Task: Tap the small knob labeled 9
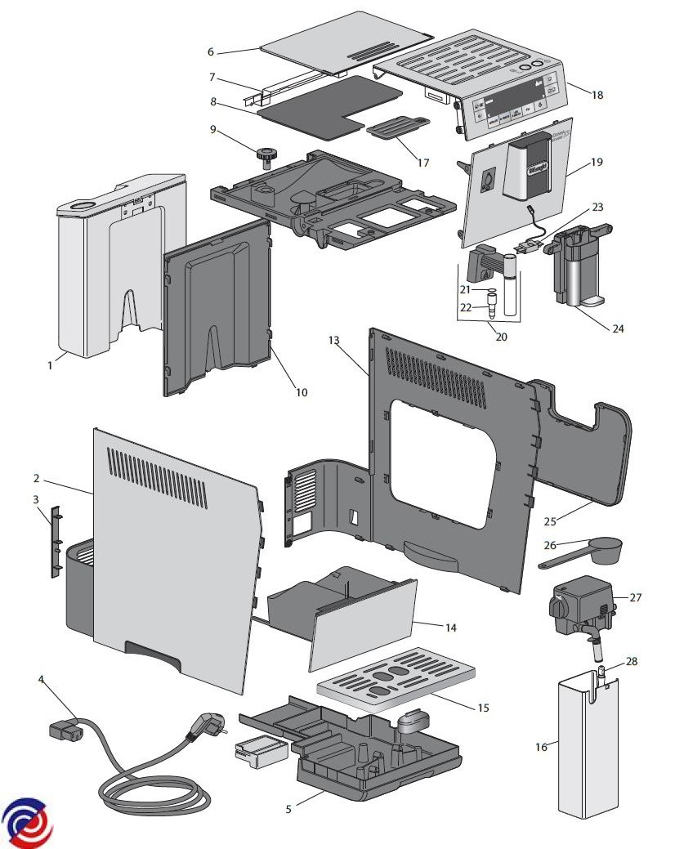coord(266,154)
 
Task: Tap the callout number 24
coord(618,328)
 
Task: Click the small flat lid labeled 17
coord(396,128)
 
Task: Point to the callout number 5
coord(288,809)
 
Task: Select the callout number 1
coord(50,365)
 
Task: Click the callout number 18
coord(597,95)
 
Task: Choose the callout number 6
coord(210,51)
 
